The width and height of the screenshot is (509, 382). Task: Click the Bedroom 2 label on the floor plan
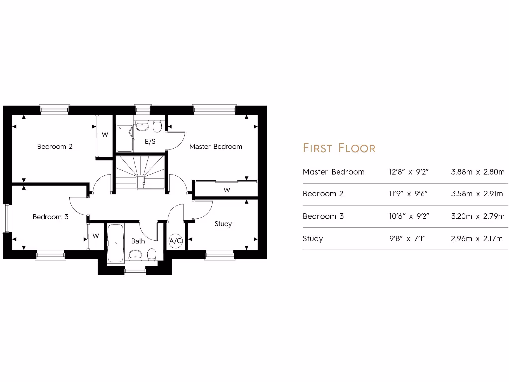[x=55, y=147]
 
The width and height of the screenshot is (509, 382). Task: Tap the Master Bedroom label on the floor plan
[x=215, y=147]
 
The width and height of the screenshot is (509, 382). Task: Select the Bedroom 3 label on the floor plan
[x=50, y=217]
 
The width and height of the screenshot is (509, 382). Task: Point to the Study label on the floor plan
[x=223, y=224]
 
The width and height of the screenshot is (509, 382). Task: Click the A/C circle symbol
[x=175, y=241]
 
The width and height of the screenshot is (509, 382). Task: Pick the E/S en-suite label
[x=150, y=142]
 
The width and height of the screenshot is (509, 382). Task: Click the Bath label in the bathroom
[x=138, y=241]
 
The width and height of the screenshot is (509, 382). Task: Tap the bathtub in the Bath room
[x=115, y=243]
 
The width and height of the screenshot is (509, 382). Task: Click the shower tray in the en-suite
[x=124, y=138]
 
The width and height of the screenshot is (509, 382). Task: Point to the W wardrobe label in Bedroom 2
[x=105, y=135]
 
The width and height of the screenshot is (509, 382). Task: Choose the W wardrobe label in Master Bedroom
[x=227, y=190]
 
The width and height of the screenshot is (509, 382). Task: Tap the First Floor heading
[x=339, y=148]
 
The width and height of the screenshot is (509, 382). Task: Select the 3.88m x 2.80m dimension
[x=477, y=172]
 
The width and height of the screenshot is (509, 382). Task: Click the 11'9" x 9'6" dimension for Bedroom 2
[x=409, y=194]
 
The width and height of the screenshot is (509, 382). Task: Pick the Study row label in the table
[x=313, y=239]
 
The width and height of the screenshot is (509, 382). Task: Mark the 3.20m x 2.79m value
[x=477, y=216]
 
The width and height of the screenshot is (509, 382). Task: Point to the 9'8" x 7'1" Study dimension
[x=409, y=239]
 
